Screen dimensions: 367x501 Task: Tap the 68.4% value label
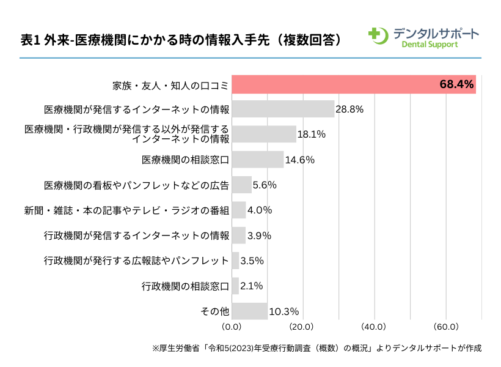click(456, 84)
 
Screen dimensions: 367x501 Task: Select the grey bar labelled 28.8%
click(283, 109)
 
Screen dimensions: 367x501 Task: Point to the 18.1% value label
click(311, 135)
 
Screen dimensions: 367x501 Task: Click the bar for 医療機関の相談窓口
click(258, 160)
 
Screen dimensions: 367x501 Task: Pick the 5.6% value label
click(265, 185)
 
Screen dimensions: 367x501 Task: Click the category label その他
click(215, 311)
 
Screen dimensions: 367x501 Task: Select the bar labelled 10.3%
click(250, 311)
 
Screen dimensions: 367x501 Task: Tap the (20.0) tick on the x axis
click(302, 326)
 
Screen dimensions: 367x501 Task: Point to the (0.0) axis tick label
click(232, 326)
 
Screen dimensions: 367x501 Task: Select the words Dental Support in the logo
click(430, 44)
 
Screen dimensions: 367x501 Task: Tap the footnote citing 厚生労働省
click(316, 348)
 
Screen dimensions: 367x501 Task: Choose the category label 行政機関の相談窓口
click(185, 286)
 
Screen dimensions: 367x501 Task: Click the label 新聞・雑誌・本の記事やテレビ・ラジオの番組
click(126, 210)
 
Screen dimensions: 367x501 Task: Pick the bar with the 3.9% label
click(239, 235)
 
